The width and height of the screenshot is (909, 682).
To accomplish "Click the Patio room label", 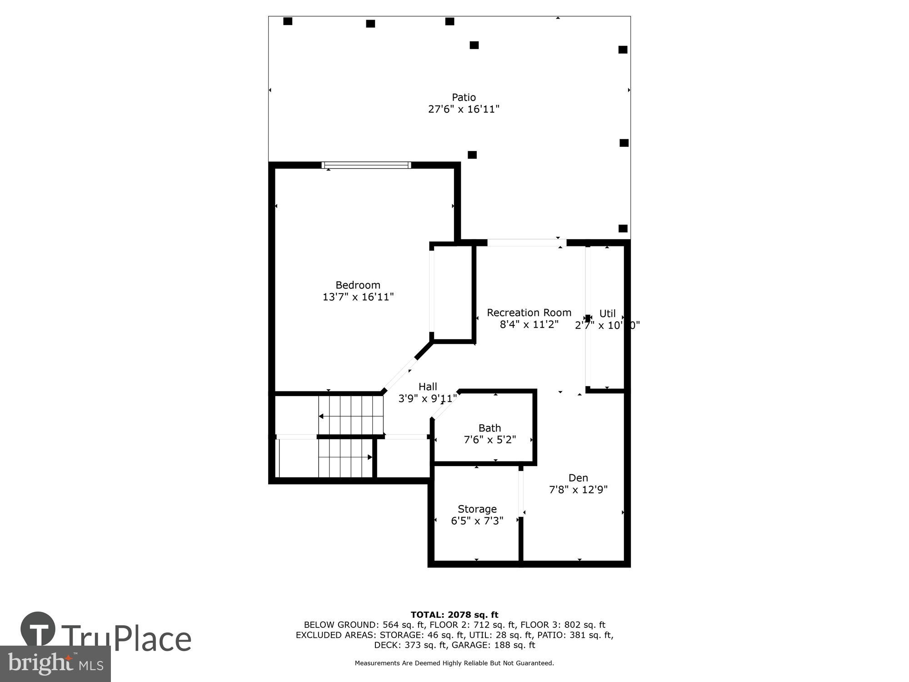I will [464, 97].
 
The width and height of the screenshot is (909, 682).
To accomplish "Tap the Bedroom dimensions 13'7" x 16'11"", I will [358, 297].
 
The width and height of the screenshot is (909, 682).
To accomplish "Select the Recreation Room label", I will [529, 313].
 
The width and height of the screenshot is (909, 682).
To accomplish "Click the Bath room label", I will [489, 428].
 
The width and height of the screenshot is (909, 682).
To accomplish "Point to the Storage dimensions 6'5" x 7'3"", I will [477, 521].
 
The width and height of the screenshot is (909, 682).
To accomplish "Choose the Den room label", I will [578, 478].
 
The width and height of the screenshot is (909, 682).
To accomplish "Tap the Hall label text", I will [427, 386].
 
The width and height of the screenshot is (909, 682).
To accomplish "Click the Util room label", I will [607, 313].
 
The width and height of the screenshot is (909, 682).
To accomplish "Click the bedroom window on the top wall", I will [366, 165].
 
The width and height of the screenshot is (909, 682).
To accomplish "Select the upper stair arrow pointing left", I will [321, 416].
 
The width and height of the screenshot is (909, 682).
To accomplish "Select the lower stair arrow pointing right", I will [370, 457].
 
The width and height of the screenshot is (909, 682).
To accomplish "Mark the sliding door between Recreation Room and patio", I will [526, 243].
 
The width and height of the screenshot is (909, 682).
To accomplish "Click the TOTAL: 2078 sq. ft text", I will [454, 615].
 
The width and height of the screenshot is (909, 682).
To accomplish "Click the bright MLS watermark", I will [55, 664].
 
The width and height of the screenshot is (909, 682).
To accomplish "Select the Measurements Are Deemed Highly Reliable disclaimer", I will [454, 663].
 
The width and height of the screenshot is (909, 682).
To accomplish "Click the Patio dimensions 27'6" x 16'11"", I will [464, 109].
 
